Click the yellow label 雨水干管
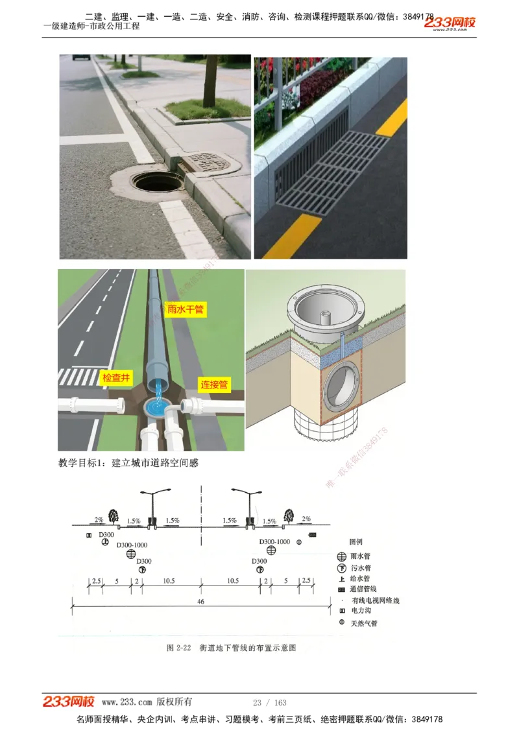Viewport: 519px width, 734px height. (x=186, y=309)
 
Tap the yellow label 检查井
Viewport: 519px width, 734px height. (x=117, y=377)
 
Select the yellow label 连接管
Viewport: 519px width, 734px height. (x=213, y=385)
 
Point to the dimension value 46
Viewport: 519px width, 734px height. (x=200, y=602)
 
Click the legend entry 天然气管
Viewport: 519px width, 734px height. (x=364, y=623)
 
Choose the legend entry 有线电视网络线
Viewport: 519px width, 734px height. (x=375, y=600)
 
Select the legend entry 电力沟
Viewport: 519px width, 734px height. (x=361, y=611)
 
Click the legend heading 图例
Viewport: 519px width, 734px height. (x=356, y=541)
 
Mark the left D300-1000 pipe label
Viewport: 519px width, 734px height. (x=132, y=545)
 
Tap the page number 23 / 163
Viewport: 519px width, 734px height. (x=270, y=702)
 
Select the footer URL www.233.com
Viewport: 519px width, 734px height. (x=127, y=702)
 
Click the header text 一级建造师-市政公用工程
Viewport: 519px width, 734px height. (x=91, y=27)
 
